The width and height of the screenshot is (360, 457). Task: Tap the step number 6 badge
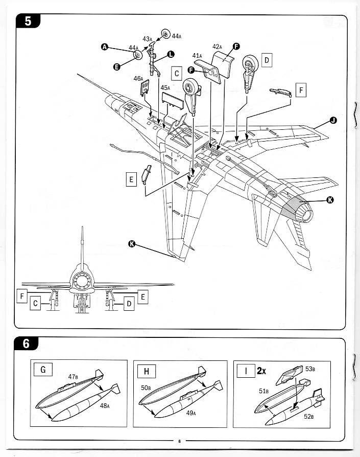26,344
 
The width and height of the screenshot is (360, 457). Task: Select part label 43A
147,39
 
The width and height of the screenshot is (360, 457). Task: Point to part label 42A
217,47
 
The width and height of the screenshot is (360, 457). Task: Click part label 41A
197,55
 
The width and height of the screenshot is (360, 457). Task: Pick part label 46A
138,78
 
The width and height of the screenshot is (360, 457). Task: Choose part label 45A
165,88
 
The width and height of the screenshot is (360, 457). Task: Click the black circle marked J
333,120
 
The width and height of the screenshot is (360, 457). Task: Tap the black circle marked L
170,54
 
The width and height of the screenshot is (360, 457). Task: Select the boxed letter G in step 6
43,370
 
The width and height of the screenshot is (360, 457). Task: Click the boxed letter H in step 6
147,370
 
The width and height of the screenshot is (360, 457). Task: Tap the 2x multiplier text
261,371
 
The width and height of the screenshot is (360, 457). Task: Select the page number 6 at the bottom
180,441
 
